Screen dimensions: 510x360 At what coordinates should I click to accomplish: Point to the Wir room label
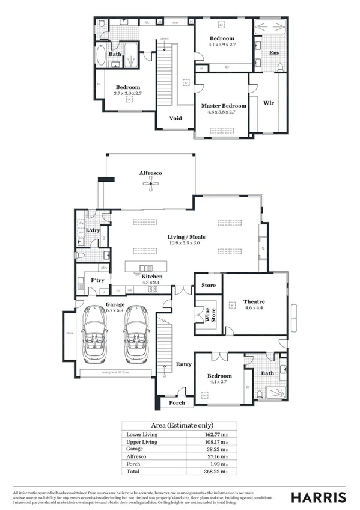tap(269, 102)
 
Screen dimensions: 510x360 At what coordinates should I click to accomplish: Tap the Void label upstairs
tap(175, 118)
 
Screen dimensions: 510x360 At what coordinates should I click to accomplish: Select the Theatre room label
tap(254, 301)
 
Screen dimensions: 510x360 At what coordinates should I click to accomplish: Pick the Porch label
tap(177, 403)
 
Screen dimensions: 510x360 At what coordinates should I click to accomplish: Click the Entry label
tap(183, 364)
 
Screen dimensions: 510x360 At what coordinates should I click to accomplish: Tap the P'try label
tap(98, 281)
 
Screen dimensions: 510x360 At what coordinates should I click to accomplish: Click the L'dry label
tap(93, 231)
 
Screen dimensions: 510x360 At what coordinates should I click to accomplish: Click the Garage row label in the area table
tap(134, 449)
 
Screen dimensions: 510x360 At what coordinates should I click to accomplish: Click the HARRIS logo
tap(319, 497)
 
